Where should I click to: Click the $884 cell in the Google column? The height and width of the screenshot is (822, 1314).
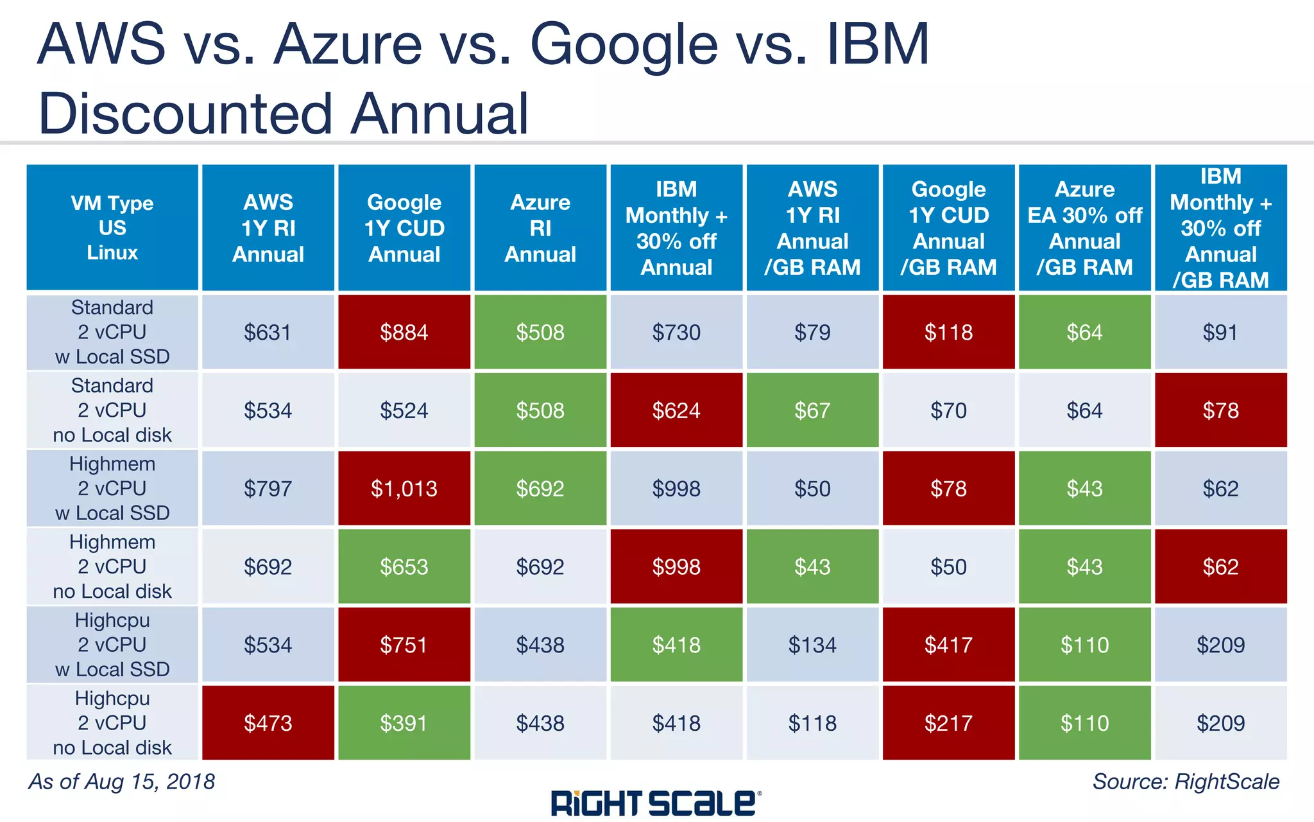(404, 332)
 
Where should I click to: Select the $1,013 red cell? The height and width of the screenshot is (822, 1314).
(404, 489)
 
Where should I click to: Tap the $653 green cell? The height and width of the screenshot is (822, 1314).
(404, 566)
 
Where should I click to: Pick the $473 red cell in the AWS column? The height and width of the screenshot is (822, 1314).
(268, 723)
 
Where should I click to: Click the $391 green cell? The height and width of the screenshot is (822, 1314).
(404, 723)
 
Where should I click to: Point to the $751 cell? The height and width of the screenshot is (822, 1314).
(404, 645)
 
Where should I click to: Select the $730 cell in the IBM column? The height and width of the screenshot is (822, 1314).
(676, 332)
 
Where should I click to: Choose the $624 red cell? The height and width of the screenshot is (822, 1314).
(676, 410)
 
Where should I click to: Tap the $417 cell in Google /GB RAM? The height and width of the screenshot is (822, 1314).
(948, 645)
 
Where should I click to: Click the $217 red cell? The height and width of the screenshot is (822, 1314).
(948, 723)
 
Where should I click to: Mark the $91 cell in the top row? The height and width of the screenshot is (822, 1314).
(1220, 332)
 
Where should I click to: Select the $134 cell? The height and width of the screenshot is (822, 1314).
(812, 645)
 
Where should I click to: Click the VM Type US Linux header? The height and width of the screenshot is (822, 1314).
(112, 228)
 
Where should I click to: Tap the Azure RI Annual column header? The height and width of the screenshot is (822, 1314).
(540, 228)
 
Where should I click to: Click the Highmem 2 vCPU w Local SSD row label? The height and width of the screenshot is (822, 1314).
(112, 489)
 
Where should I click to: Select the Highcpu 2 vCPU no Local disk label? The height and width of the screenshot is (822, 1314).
(112, 723)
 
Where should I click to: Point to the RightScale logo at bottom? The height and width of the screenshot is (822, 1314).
(656, 803)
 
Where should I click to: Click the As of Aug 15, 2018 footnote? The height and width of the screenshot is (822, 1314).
(122, 782)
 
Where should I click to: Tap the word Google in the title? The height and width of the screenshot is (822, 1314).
(624, 45)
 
